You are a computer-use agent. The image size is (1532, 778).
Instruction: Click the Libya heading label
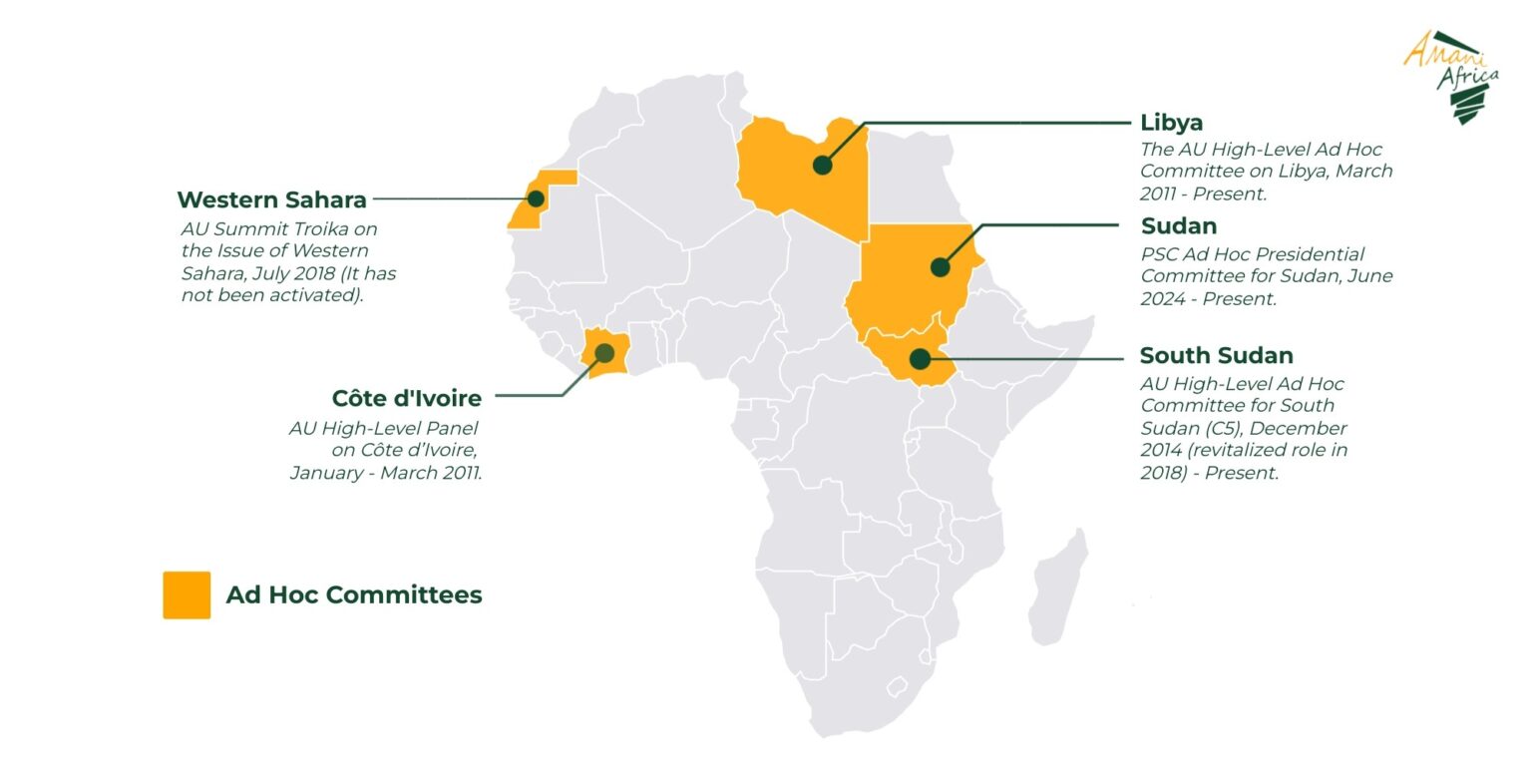[1171, 123]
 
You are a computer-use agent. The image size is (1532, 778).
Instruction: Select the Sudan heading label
[1178, 226]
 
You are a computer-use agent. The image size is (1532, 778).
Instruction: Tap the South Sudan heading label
[1216, 356]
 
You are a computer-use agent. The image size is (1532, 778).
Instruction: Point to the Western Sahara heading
[271, 199]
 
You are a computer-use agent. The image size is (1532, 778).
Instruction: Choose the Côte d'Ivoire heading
[406, 399]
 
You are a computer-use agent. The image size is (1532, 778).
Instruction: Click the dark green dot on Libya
[822, 165]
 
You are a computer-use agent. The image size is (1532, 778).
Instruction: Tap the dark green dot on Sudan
[940, 266]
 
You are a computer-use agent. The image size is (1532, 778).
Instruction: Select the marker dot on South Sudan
[920, 359]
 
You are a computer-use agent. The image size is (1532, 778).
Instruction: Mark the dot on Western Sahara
[536, 198]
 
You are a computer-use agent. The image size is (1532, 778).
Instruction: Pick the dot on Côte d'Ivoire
[603, 352]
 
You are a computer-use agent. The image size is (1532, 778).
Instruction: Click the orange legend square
[187, 594]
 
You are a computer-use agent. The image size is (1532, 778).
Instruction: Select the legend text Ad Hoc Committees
[353, 595]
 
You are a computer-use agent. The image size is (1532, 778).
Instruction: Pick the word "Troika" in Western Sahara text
[308, 229]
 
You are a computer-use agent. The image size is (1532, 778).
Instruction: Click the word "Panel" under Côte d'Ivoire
[454, 429]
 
